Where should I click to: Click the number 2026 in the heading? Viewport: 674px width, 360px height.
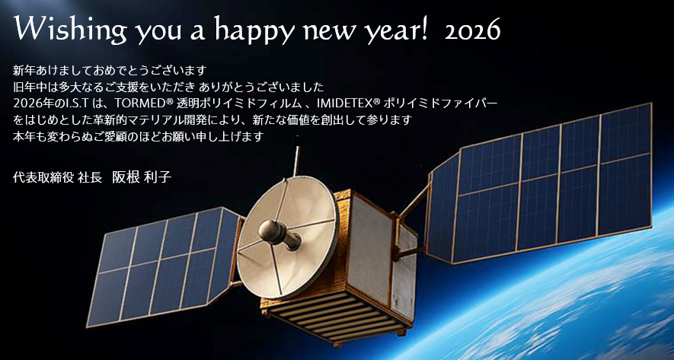click(x=472, y=31)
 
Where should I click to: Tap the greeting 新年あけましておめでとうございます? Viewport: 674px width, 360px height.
click(x=110, y=70)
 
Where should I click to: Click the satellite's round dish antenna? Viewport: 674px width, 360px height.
click(x=288, y=237)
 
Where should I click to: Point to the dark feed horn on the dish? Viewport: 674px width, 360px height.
click(x=279, y=234)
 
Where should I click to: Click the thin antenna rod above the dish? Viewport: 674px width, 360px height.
click(x=296, y=161)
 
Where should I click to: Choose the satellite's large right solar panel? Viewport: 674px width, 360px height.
click(x=540, y=183)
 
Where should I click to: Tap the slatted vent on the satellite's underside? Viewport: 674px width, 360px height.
click(x=335, y=314)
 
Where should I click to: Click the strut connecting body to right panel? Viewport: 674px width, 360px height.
click(x=415, y=202)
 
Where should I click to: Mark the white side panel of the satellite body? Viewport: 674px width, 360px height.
click(x=369, y=249)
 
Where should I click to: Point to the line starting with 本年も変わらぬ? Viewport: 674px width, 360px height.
click(x=138, y=136)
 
